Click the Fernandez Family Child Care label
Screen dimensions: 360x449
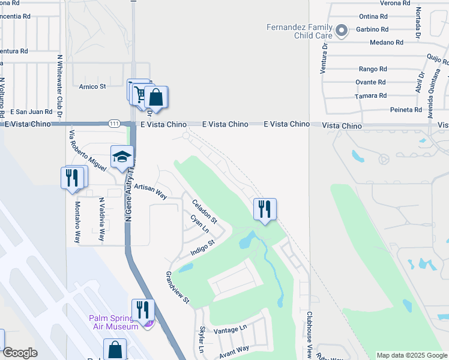pos(298,31)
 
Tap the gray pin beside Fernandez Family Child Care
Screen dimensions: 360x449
pos(342,29)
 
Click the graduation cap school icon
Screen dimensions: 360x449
pos(122,157)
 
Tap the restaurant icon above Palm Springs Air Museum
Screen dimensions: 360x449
pos(143,310)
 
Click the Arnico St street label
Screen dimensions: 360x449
pos(92,86)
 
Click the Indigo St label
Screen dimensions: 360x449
pos(203,247)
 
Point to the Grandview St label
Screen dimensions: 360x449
pos(178,287)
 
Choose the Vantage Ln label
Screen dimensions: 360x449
pos(230,329)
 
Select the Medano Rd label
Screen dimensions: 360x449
pos(390,43)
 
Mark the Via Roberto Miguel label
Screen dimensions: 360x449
pos(87,151)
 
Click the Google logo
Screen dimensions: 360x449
pos(19,353)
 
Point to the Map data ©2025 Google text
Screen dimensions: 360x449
pos(411,355)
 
